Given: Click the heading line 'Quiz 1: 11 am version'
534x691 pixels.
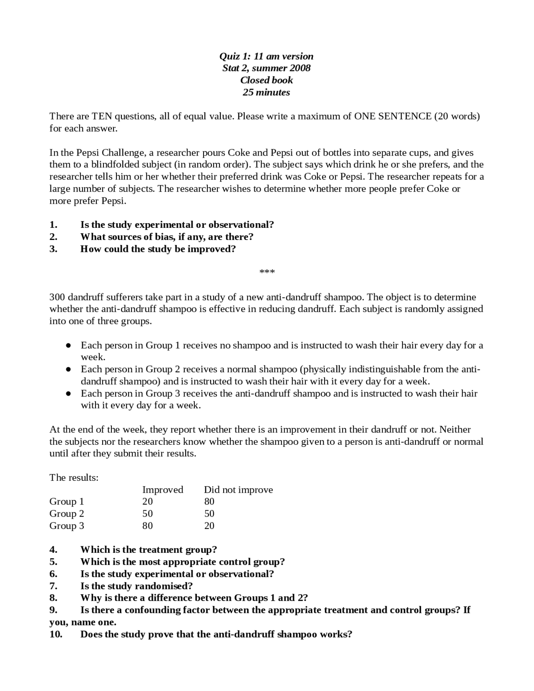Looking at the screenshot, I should (x=266, y=56).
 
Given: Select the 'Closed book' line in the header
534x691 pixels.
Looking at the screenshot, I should (x=266, y=80).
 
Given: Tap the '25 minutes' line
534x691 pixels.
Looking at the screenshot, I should (x=266, y=92).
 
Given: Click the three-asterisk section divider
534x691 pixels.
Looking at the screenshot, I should (x=267, y=272).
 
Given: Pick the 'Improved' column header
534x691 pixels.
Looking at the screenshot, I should (x=163, y=489).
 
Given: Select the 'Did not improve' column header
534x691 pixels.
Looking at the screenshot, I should (x=238, y=489).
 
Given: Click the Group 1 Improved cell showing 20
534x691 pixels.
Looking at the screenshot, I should (x=148, y=502).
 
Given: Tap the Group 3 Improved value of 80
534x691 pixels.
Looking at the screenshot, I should (x=148, y=526).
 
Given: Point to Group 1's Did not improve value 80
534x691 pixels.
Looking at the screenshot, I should (x=209, y=502).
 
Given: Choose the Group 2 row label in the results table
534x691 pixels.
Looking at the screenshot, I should (x=67, y=514).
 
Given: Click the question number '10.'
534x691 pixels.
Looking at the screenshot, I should (x=56, y=634).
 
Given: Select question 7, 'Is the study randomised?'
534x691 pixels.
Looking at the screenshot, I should (x=136, y=586).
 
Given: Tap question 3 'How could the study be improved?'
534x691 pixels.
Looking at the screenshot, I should (x=158, y=249).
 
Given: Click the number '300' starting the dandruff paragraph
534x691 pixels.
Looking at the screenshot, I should (x=57, y=297).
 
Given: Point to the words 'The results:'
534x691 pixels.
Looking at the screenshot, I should (x=74, y=477).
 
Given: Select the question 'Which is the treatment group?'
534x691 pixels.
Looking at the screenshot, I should (x=149, y=550).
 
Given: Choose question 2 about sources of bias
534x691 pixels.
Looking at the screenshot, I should (x=167, y=237).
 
